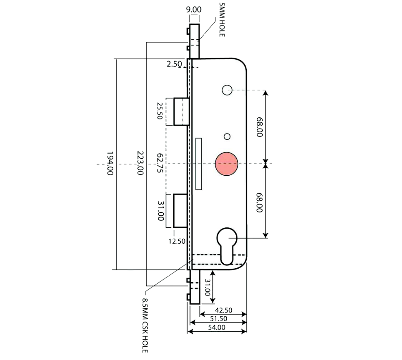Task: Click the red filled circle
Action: (x=226, y=164)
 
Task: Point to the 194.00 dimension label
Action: (x=110, y=164)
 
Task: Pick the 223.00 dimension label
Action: (x=140, y=164)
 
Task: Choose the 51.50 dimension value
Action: (x=219, y=319)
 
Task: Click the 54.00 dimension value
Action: (x=217, y=327)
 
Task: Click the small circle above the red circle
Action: (x=227, y=136)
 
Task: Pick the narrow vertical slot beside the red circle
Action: (x=199, y=164)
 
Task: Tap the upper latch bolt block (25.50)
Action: (x=181, y=112)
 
